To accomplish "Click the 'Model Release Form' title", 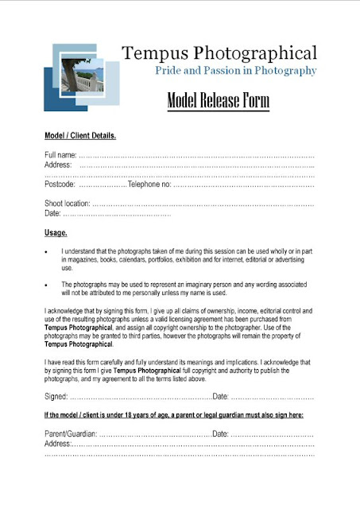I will click(x=219, y=102).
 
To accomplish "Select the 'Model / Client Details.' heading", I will click(x=80, y=136).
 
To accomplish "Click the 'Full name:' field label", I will click(x=61, y=154).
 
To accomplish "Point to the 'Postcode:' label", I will click(x=60, y=185).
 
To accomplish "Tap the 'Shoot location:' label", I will click(x=68, y=204).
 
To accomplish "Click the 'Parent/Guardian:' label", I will click(x=71, y=433).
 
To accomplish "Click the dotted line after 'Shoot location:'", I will click(x=203, y=204).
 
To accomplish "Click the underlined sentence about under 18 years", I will click(x=179, y=416).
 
